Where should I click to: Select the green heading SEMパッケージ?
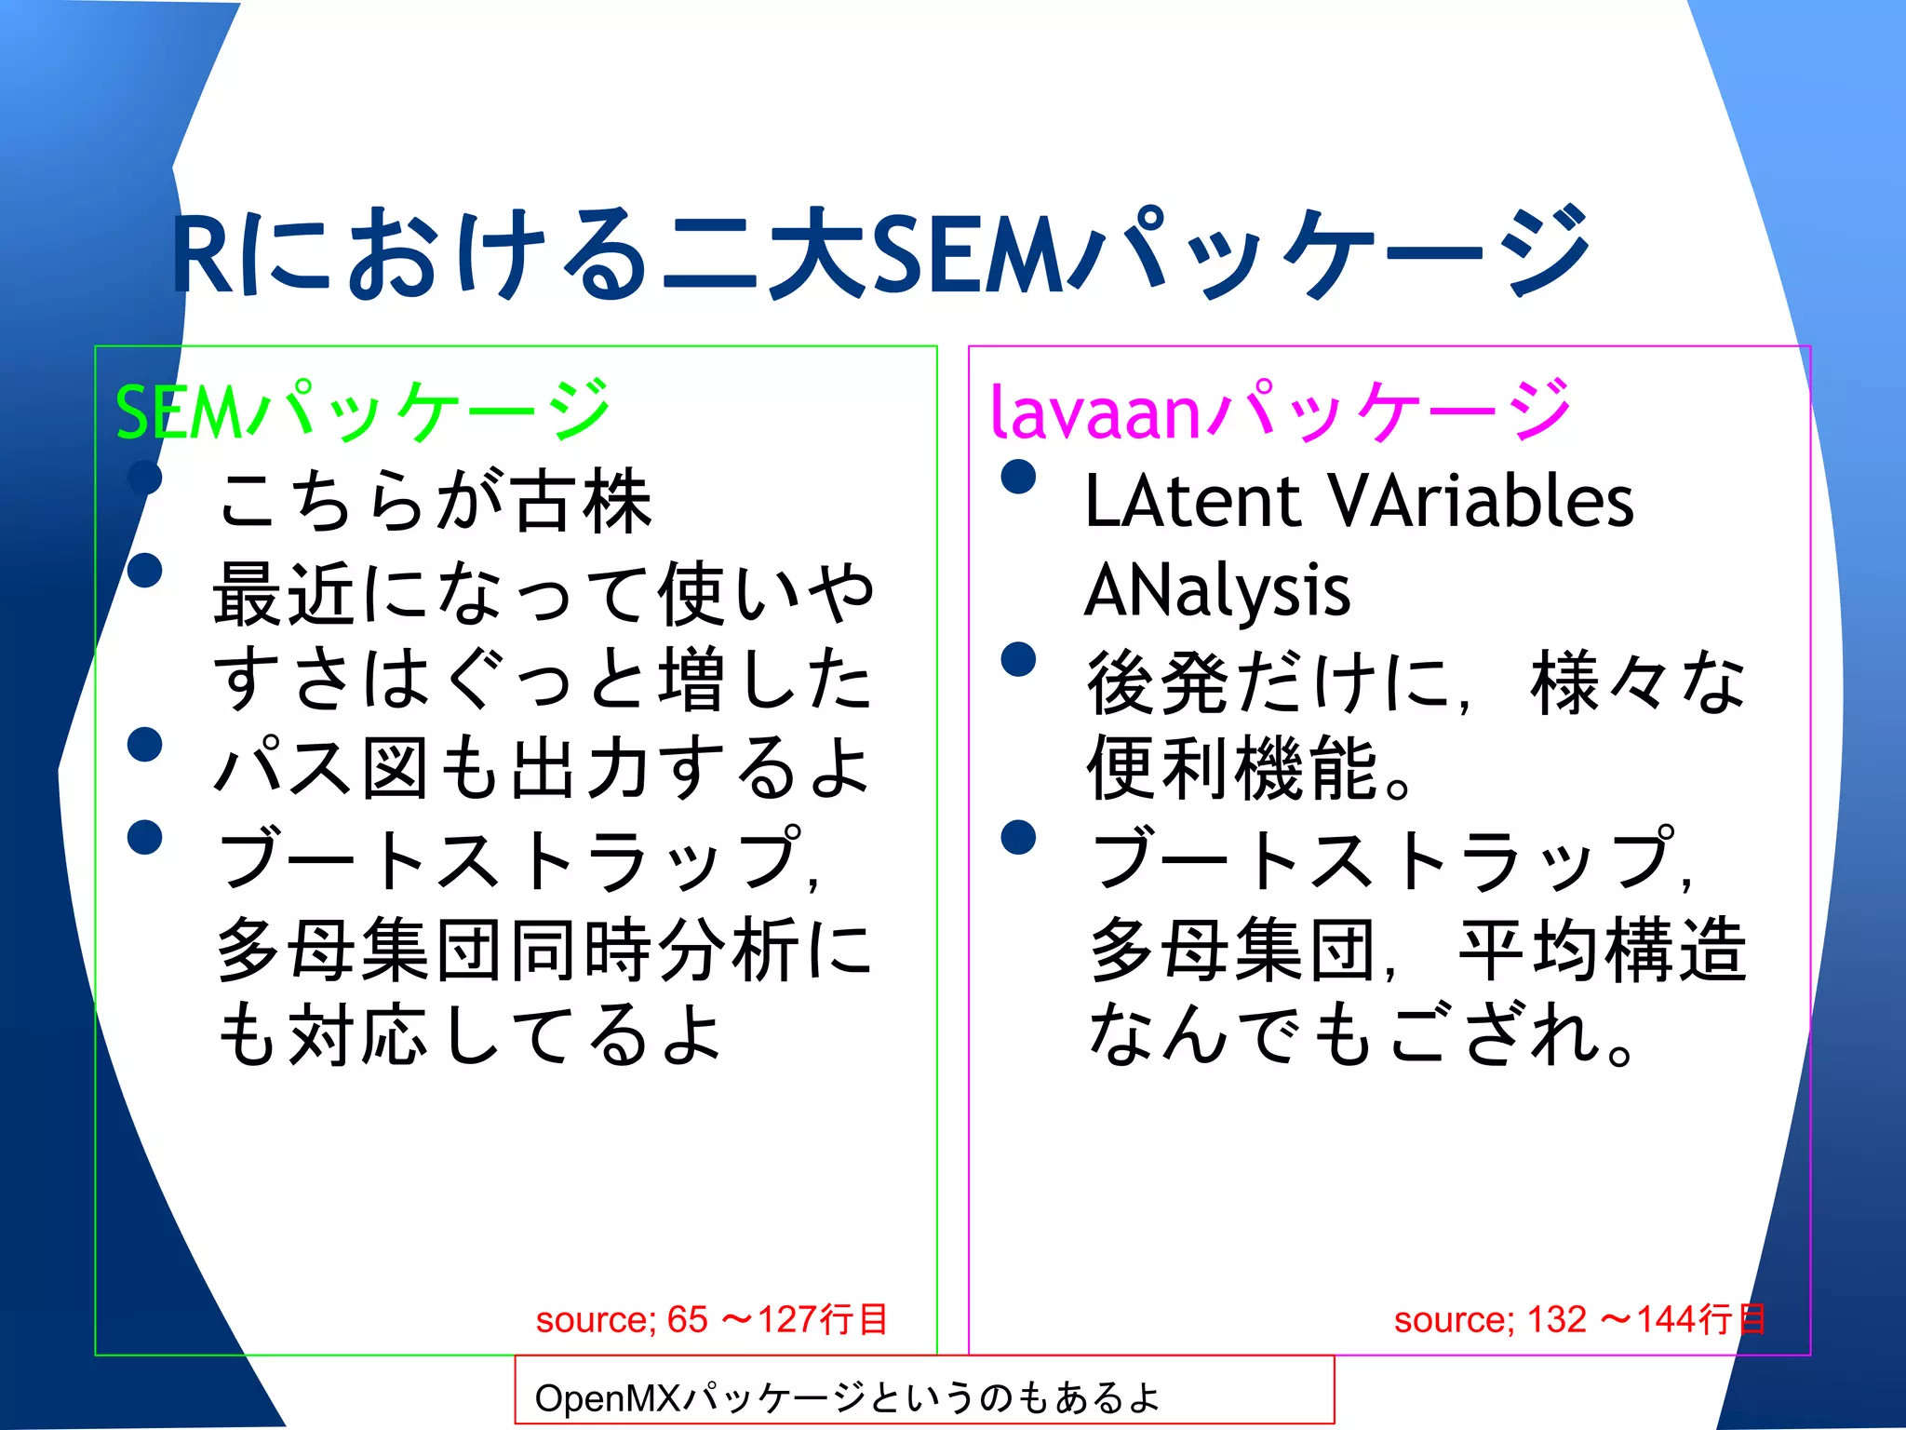coord(363,411)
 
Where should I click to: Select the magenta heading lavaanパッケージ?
coord(1281,411)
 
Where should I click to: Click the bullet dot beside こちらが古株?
coord(145,478)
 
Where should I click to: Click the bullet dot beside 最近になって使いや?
coord(145,570)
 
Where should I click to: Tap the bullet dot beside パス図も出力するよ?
coord(145,745)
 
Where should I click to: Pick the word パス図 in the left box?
coord(321,768)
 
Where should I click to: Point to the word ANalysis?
coord(1217,590)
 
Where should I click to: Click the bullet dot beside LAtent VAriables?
coord(1018,477)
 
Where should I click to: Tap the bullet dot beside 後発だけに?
coord(1018,659)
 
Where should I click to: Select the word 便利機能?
coord(1233,769)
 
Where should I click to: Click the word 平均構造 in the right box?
coord(1603,950)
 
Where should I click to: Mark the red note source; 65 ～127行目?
coord(712,1319)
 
